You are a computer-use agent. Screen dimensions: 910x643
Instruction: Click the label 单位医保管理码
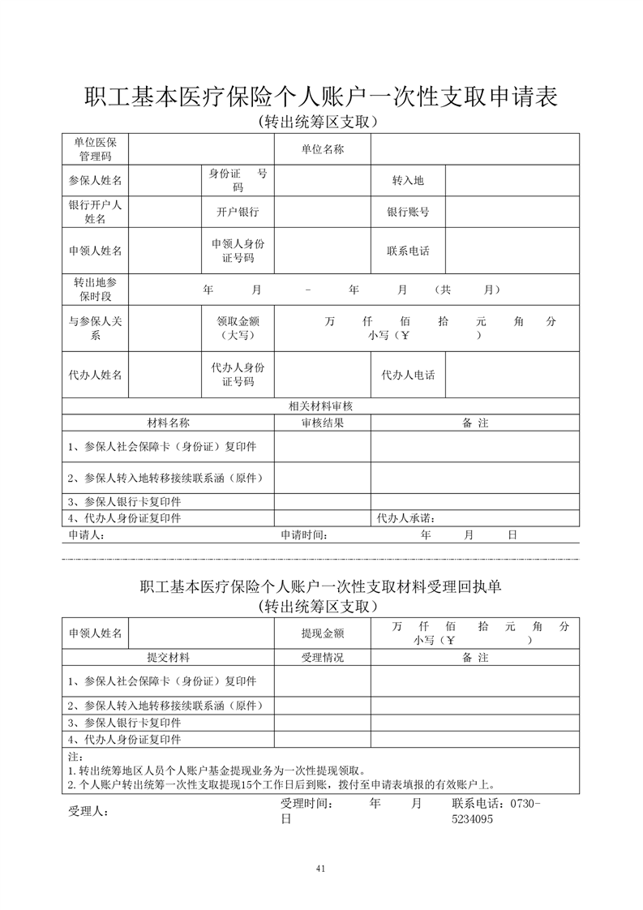[x=95, y=149]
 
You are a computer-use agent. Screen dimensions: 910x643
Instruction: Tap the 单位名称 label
[x=322, y=149]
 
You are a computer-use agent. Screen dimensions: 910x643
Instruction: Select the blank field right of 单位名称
[x=474, y=149]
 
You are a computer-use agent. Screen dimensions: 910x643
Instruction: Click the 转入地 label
[x=408, y=180]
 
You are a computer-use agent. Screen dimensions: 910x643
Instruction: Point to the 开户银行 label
[x=237, y=212]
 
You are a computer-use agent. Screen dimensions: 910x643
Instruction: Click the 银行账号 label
[x=408, y=212]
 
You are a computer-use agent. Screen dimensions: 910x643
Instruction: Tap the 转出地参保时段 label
[x=95, y=289]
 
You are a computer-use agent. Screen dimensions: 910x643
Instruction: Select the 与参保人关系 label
[x=95, y=328]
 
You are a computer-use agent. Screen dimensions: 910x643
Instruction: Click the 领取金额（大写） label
[x=237, y=328]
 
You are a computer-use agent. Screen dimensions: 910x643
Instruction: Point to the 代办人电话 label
[x=408, y=375]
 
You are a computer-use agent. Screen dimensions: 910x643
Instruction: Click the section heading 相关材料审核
[x=320, y=406]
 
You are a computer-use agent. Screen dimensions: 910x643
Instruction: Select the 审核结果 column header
[x=322, y=423]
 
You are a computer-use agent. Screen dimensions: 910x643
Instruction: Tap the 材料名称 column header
[x=168, y=423]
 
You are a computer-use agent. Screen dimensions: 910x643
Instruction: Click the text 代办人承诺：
[x=408, y=518]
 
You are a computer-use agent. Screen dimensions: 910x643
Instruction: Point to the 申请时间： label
[x=305, y=535]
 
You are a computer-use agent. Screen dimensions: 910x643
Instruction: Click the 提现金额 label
[x=322, y=633]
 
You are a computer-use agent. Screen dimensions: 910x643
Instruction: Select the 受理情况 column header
[x=322, y=658]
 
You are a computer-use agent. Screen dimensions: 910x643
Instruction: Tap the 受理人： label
[x=89, y=811]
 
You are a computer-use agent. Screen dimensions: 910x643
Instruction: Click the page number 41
[x=321, y=869]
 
